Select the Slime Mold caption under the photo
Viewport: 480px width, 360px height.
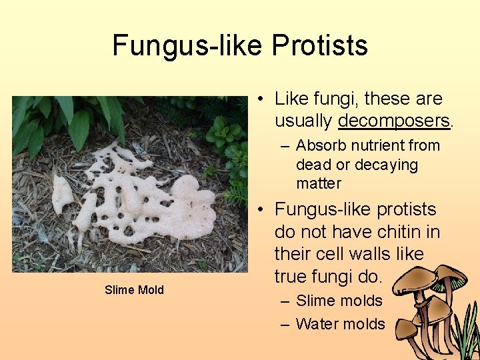(x=134, y=289)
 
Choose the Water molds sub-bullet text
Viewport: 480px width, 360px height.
(x=341, y=324)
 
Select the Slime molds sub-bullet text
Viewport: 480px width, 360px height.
(x=339, y=301)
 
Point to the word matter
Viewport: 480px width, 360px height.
(x=319, y=183)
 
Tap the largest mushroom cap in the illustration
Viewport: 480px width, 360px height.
(x=414, y=280)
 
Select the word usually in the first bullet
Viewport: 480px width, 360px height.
(x=303, y=121)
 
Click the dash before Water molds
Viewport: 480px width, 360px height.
(x=285, y=325)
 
